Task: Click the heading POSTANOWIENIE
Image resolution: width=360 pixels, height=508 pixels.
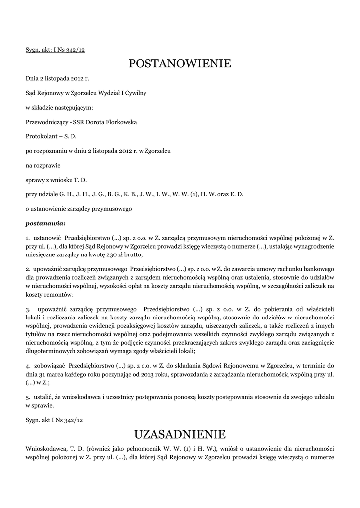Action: (180, 64)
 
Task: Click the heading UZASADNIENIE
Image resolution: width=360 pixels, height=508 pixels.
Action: (180, 435)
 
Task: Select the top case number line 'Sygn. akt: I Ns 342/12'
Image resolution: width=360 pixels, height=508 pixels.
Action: (55, 50)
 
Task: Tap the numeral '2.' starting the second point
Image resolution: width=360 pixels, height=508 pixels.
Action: (28, 269)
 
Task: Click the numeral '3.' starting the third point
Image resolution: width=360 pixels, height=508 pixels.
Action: (28, 309)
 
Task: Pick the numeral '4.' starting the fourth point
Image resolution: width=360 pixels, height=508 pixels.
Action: (28, 365)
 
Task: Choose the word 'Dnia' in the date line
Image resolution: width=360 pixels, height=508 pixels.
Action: (32, 78)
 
